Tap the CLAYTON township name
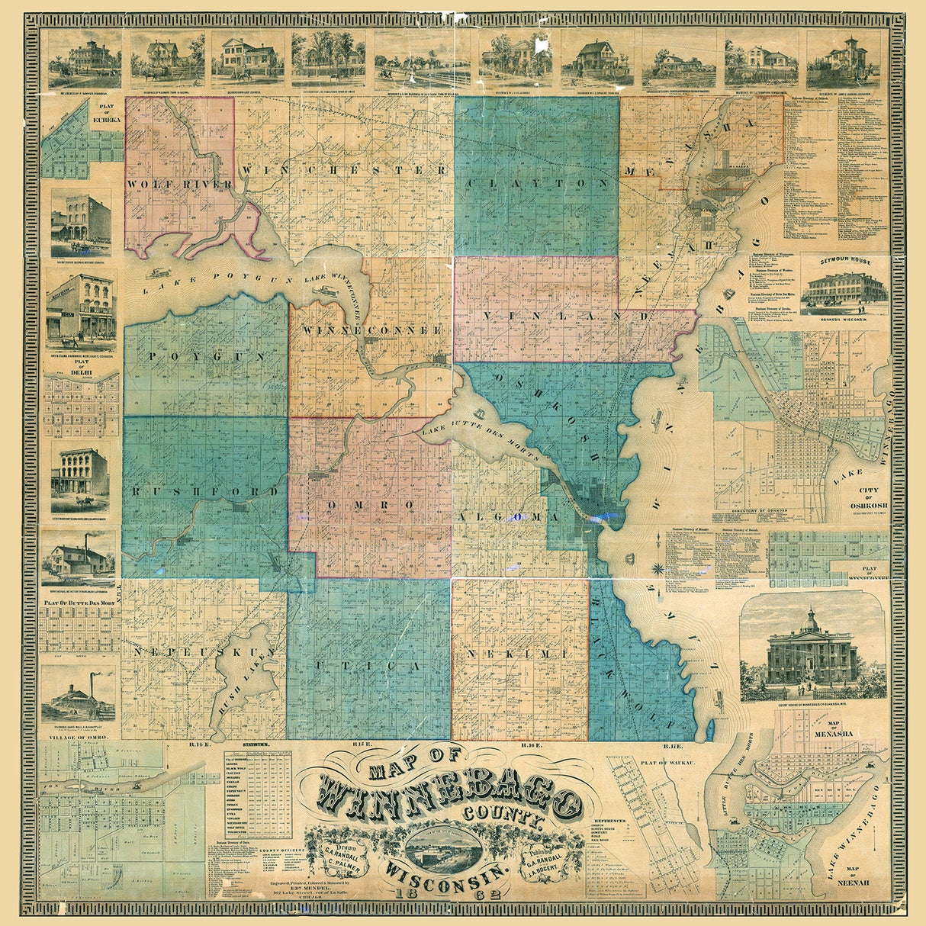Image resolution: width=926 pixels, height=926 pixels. (x=538, y=184)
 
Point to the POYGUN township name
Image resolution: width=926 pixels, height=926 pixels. (x=206, y=356)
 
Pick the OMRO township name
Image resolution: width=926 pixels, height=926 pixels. (x=370, y=506)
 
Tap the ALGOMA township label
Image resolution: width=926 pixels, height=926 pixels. (x=508, y=517)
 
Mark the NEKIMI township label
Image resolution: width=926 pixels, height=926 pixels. (x=518, y=655)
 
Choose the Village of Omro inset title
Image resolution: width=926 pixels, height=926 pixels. (x=77, y=739)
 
